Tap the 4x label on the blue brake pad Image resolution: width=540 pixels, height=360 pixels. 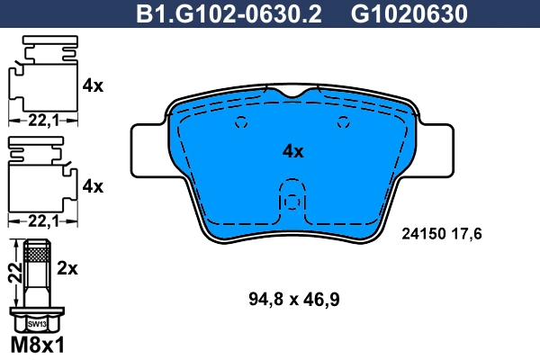pos(293,151)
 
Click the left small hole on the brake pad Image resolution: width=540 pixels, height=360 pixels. pos(239,124)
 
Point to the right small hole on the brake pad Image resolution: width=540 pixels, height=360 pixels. pos(342,124)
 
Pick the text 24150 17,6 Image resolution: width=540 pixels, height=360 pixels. pos(441,234)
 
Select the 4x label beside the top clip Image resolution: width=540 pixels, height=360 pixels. pos(93,86)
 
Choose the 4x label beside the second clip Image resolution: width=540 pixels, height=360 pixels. pos(93,187)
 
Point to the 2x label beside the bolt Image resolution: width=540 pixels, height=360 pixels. pos(69,267)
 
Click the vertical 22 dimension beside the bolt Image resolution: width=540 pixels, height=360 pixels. pos(13,274)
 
